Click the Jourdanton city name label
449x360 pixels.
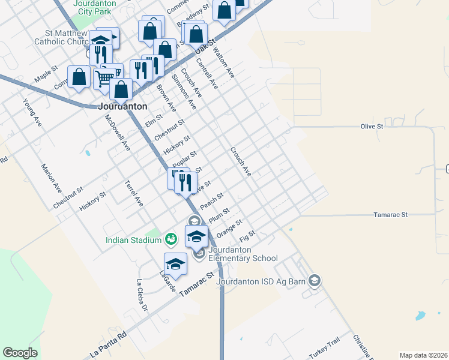pyautogui.click(x=122, y=106)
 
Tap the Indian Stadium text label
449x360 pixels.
pyautogui.click(x=133, y=240)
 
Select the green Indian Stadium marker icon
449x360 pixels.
pyautogui.click(x=170, y=239)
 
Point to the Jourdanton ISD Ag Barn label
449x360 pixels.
pyautogui.click(x=261, y=280)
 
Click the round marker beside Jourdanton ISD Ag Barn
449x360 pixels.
pyautogui.click(x=314, y=280)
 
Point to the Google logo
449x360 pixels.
pyautogui.click(x=20, y=353)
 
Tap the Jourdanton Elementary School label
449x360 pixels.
pyautogui.click(x=243, y=254)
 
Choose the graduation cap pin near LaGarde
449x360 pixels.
pyautogui.click(x=175, y=263)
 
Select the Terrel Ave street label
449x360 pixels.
pyautogui.click(x=133, y=193)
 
